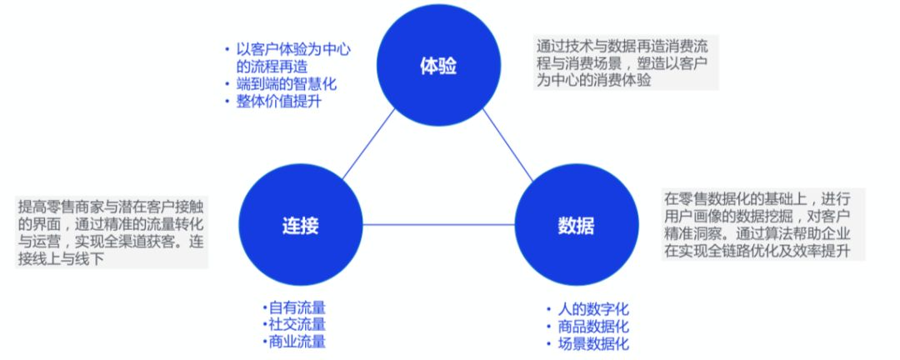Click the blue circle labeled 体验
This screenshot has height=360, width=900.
point(437,66)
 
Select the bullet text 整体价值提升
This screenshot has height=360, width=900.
point(278,102)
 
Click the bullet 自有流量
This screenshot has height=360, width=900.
point(297,307)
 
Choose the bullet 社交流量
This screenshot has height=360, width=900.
point(297,324)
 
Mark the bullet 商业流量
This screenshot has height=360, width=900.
point(297,341)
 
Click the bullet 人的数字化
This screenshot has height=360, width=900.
point(592,309)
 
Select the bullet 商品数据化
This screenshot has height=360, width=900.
point(592,327)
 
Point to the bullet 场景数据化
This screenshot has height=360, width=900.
point(592,343)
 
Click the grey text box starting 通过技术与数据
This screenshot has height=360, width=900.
point(625,62)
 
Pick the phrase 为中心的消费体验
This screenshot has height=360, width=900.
point(592,80)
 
